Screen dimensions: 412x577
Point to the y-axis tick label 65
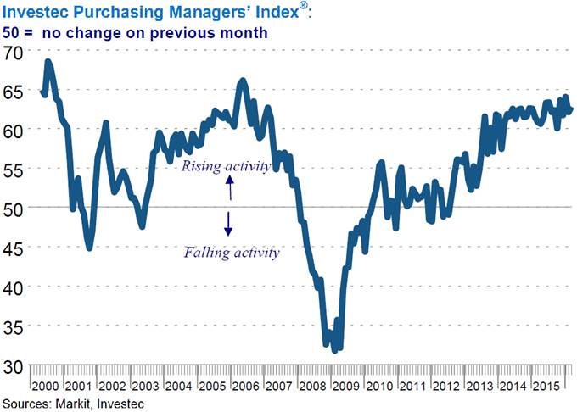[14, 90]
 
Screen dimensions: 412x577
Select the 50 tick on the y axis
[14, 207]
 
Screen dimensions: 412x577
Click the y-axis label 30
[14, 367]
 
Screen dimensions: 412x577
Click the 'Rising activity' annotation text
[226, 167]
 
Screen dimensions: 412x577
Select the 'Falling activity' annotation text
[232, 252]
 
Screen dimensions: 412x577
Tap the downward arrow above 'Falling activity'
[228, 222]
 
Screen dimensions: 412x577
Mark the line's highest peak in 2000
[48, 62]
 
